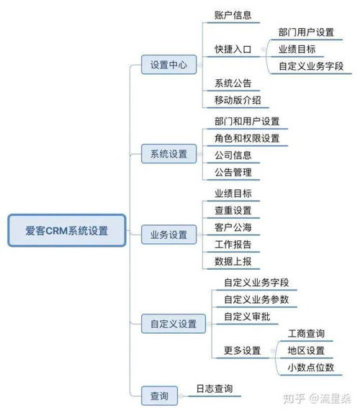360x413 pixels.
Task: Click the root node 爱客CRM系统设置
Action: pyautogui.click(x=67, y=230)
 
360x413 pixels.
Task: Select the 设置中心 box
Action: pyautogui.click(x=169, y=65)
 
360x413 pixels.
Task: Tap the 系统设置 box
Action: pyautogui.click(x=169, y=154)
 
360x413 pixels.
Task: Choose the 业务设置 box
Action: pyautogui.click(x=169, y=235)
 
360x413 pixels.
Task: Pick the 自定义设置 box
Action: pyautogui.click(x=174, y=324)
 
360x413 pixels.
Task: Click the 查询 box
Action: pyautogui.click(x=159, y=396)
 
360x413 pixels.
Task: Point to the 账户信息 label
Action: pyautogui.click(x=233, y=15)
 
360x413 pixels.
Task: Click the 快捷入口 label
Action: pyautogui.click(x=233, y=49)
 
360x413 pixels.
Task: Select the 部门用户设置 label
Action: pyautogui.click(x=306, y=32)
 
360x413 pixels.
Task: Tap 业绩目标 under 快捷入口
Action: pyautogui.click(x=297, y=49)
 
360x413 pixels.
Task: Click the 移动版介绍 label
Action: pyautogui.click(x=238, y=100)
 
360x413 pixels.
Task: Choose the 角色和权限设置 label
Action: pyautogui.click(x=247, y=138)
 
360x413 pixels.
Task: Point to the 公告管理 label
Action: pyautogui.click(x=233, y=172)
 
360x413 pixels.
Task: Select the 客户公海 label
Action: pyautogui.click(x=233, y=227)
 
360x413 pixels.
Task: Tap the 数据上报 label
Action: pyautogui.click(x=233, y=261)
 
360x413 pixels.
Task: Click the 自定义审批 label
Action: pyautogui.click(x=247, y=317)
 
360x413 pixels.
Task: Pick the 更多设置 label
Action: pyautogui.click(x=242, y=350)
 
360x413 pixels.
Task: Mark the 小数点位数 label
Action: pyautogui.click(x=311, y=368)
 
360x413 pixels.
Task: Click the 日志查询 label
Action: pyautogui.click(x=215, y=389)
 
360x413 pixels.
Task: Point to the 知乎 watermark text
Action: pyautogui.click(x=294, y=399)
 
